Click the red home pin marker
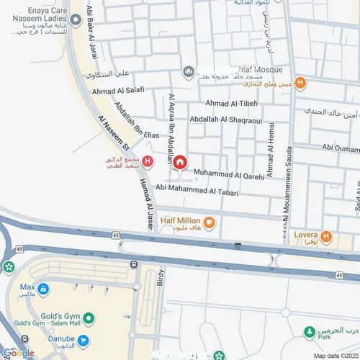180,162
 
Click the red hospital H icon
148,161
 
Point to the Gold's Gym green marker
89,318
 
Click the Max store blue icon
44,289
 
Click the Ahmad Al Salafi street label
118,91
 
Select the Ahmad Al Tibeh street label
231,104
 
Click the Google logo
17,354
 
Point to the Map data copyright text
336,356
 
